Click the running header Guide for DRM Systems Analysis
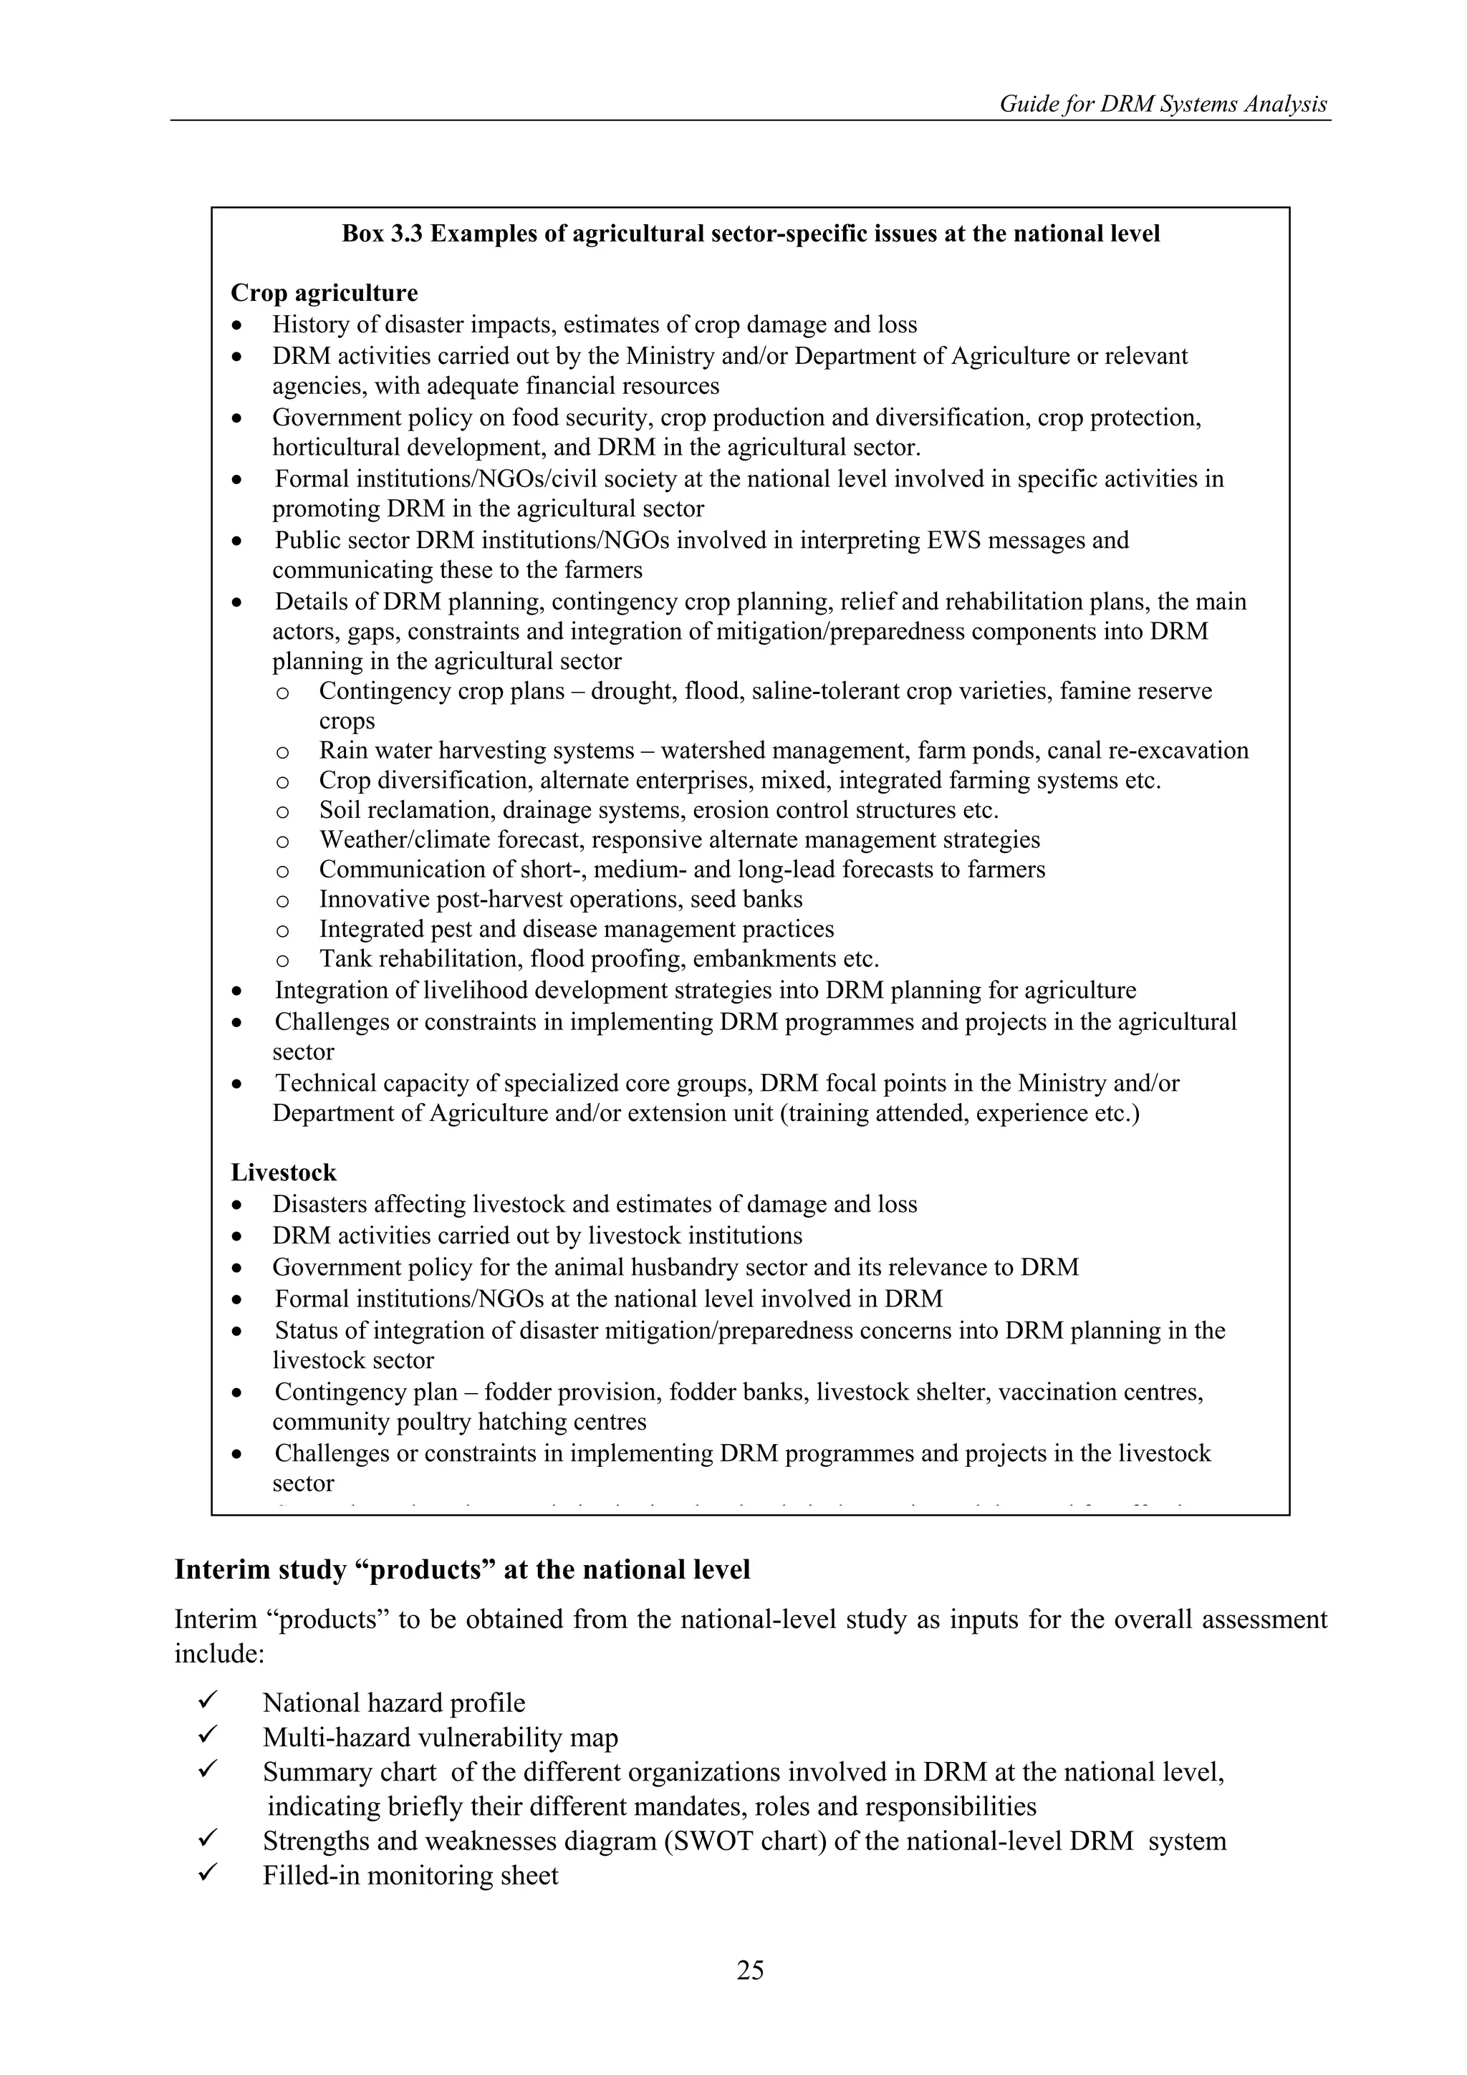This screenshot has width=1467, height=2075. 1163,104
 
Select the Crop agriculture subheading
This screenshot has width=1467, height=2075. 324,293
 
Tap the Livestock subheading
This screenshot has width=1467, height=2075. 283,1173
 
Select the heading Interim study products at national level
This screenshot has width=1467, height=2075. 462,1570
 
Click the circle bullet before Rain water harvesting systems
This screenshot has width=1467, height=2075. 282,752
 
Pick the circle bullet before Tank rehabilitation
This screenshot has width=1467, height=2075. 282,960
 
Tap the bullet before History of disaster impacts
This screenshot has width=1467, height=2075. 237,325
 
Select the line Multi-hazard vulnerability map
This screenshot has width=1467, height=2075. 441,1737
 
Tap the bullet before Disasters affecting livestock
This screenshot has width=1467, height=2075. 237,1205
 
